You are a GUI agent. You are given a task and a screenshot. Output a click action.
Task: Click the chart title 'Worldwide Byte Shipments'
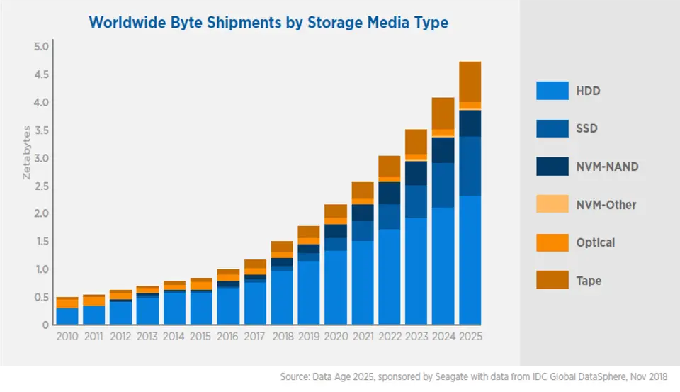click(x=268, y=22)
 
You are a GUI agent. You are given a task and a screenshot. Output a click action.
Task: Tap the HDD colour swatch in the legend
click(x=552, y=90)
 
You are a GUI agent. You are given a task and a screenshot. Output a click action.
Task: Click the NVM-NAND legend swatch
click(x=552, y=166)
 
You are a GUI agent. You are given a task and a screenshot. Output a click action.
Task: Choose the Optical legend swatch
click(x=552, y=242)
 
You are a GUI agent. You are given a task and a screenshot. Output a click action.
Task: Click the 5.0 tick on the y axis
click(x=40, y=47)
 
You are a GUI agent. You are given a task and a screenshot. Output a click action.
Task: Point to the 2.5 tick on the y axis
click(x=40, y=186)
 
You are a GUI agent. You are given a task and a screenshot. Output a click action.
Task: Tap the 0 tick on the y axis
click(x=44, y=325)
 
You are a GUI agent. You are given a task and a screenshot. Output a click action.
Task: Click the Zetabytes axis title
click(x=27, y=152)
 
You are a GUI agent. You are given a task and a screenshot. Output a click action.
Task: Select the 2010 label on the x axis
click(x=67, y=336)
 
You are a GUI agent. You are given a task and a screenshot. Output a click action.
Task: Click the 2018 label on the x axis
click(x=281, y=336)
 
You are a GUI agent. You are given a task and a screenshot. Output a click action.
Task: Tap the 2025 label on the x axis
click(x=470, y=336)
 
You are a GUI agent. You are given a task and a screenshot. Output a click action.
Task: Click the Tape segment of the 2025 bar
click(x=470, y=82)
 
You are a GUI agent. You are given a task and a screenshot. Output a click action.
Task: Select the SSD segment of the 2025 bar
click(x=470, y=166)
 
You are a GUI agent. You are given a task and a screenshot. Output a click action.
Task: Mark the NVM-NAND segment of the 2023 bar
click(x=416, y=173)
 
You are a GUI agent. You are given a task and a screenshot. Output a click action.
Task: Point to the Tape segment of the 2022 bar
click(x=390, y=166)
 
